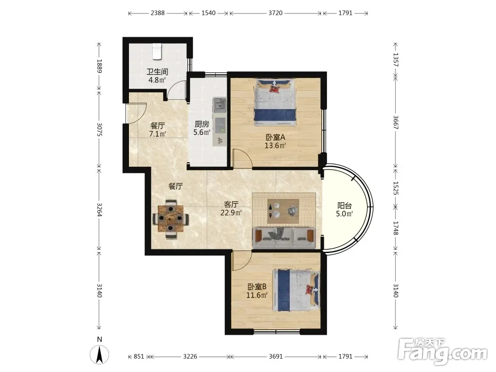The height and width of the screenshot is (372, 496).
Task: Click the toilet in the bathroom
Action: pyautogui.click(x=157, y=52)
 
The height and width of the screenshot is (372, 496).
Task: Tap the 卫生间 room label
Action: pyautogui.click(x=157, y=72)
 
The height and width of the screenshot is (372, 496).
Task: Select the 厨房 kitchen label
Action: pyautogui.click(x=202, y=124)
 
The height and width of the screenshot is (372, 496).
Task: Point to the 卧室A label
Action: pyautogui.click(x=275, y=137)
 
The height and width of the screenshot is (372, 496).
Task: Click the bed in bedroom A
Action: pyautogui.click(x=275, y=102)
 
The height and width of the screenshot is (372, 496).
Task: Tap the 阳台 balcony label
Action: pyautogui.click(x=345, y=206)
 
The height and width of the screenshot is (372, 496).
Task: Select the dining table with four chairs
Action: pyautogui.click(x=171, y=219)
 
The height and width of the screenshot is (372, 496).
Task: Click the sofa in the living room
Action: pyautogui.click(x=284, y=237)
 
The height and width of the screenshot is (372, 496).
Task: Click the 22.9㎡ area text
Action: pyautogui.click(x=231, y=213)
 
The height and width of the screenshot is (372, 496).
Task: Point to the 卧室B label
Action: pyautogui.click(x=257, y=287)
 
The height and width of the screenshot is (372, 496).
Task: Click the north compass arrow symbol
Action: pyautogui.click(x=99, y=354)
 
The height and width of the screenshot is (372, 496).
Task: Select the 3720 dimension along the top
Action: pyautogui.click(x=275, y=13)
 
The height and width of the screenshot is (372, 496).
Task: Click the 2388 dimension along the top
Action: pyautogui.click(x=158, y=13)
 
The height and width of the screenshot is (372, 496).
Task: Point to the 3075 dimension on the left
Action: pyautogui.click(x=99, y=129)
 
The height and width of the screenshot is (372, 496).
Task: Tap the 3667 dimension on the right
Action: pyautogui.click(x=395, y=122)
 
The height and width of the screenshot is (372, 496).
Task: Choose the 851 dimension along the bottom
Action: pyautogui.click(x=138, y=357)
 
